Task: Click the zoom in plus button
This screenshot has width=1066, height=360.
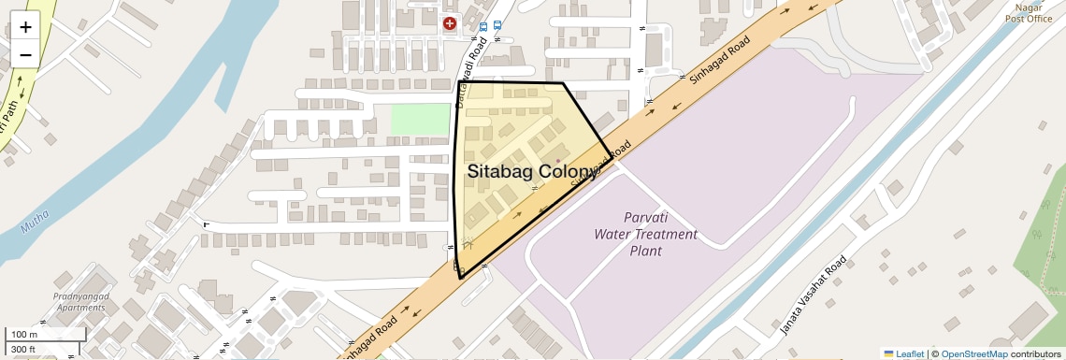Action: pyautogui.click(x=25, y=27)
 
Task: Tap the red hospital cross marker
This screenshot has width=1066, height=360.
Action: pyautogui.click(x=450, y=24)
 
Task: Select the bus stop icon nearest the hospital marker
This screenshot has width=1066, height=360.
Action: pyautogui.click(x=483, y=26)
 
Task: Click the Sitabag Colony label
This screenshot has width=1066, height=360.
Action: pyautogui.click(x=532, y=172)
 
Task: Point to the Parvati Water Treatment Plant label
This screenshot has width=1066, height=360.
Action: pyautogui.click(x=646, y=234)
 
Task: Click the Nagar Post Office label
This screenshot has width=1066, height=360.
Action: pyautogui.click(x=1028, y=12)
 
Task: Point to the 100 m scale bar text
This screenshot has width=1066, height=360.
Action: pyautogui.click(x=24, y=334)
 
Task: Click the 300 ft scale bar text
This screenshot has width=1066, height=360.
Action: pyautogui.click(x=23, y=350)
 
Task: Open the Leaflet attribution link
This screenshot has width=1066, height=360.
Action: pyautogui.click(x=903, y=353)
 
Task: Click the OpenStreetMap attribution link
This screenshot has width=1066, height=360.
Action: pyautogui.click(x=973, y=353)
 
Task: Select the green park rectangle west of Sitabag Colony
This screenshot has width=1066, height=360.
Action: pyautogui.click(x=420, y=120)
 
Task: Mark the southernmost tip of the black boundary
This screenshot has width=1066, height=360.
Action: pyautogui.click(x=460, y=279)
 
